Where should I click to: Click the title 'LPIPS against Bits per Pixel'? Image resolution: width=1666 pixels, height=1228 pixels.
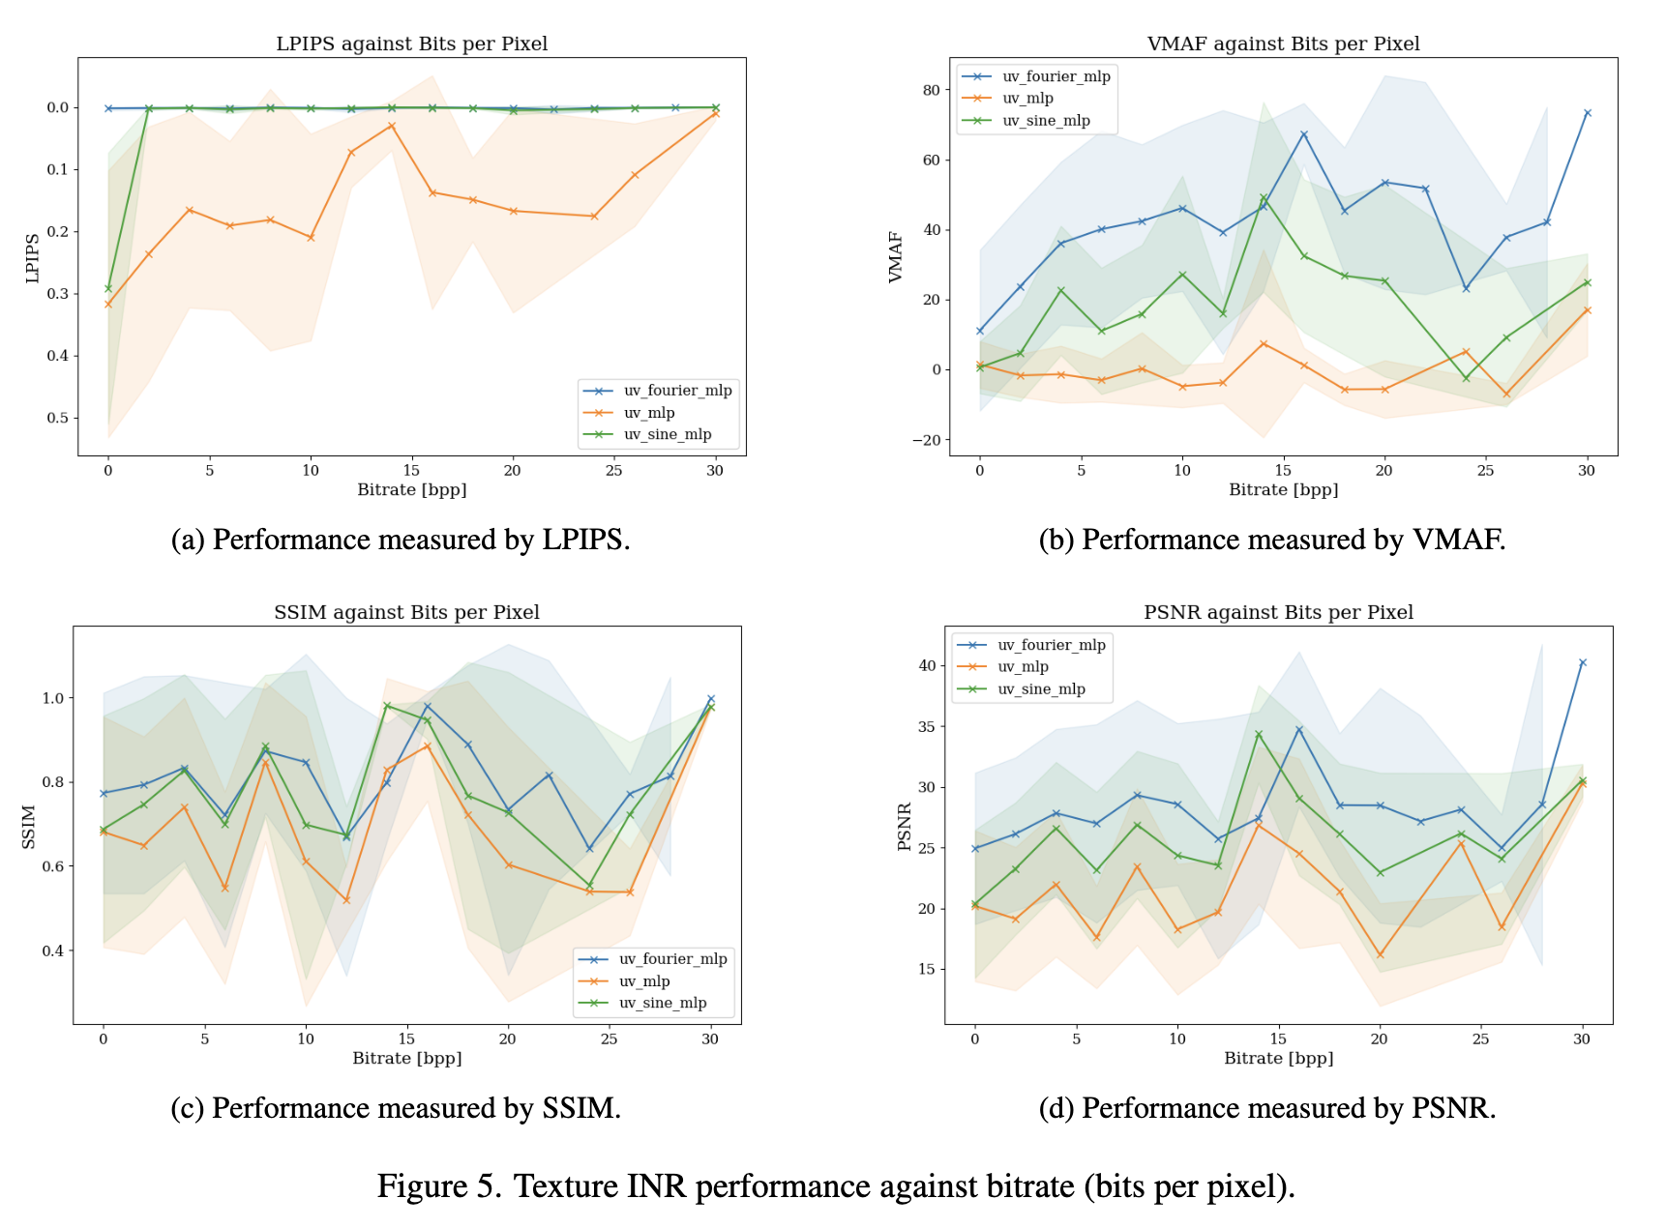(x=411, y=44)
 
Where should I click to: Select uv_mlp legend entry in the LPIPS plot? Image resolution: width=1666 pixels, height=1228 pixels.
(x=648, y=413)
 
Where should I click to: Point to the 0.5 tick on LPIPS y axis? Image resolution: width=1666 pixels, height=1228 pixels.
(x=58, y=418)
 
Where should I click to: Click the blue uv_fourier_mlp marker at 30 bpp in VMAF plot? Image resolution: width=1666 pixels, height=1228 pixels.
(x=1587, y=113)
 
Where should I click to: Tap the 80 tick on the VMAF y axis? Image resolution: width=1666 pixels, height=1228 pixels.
(x=931, y=90)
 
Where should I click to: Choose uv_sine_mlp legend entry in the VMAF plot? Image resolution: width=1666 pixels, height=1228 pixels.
(x=1045, y=121)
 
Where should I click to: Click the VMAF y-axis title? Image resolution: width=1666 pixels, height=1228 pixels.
(x=896, y=257)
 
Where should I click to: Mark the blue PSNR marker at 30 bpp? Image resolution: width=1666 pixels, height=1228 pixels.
(x=1583, y=663)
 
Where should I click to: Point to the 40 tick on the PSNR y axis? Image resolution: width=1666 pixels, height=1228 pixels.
(x=927, y=665)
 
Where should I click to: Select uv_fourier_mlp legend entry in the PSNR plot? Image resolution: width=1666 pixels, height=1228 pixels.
(x=1051, y=645)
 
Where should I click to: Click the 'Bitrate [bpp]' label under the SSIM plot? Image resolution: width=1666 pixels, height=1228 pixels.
(x=406, y=1058)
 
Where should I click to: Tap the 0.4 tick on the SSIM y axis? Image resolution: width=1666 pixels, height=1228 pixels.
(x=53, y=950)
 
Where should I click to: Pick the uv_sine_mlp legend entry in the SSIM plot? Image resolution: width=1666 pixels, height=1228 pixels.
(x=662, y=1003)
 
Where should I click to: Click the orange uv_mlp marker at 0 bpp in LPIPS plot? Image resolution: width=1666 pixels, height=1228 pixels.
(x=108, y=305)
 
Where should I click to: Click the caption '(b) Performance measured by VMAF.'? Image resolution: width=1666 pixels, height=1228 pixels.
(x=1271, y=540)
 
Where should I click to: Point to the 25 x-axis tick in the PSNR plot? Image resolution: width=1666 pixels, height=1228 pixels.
(x=1480, y=1038)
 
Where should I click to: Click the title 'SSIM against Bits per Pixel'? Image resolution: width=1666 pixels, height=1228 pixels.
(x=406, y=612)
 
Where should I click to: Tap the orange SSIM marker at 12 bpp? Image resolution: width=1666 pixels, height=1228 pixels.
(x=346, y=900)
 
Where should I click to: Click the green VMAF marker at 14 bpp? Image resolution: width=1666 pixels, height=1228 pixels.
(x=1264, y=198)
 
